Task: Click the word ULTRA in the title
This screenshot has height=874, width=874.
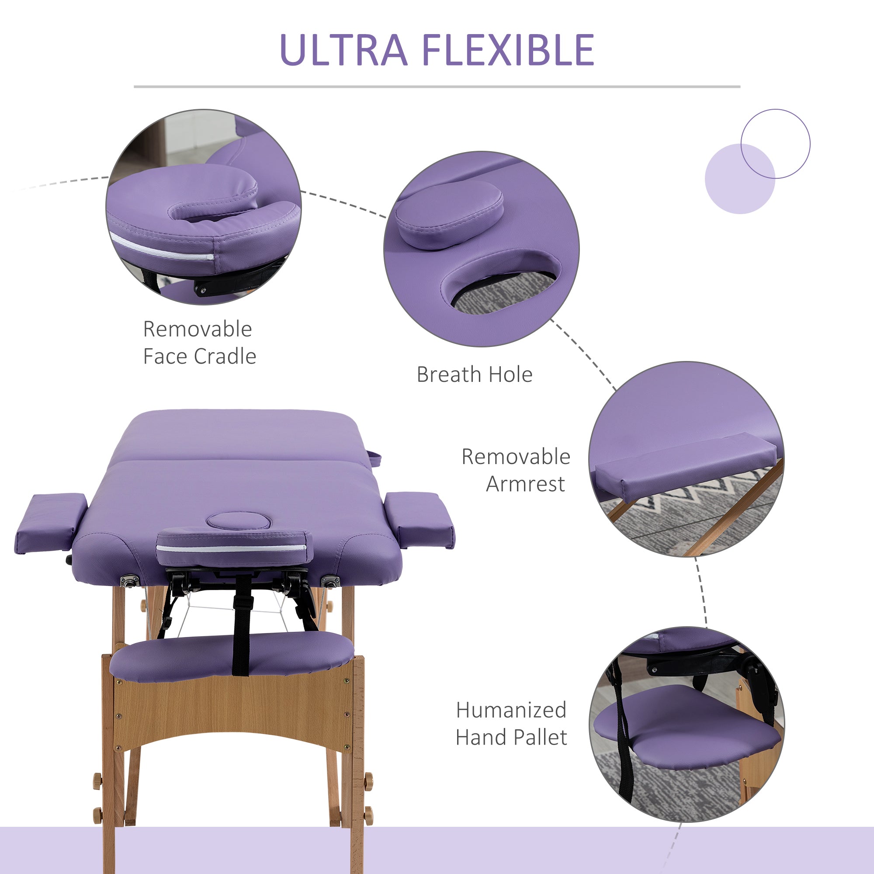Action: point(344,50)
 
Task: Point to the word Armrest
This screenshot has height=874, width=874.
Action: point(525,484)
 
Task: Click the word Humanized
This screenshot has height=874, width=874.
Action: point(511,710)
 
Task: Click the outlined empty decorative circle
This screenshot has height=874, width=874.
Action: point(775,144)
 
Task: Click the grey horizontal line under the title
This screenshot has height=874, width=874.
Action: point(437,87)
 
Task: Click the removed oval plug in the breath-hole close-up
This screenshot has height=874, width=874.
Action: point(449,215)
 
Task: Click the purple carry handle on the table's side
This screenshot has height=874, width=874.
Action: point(375,458)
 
